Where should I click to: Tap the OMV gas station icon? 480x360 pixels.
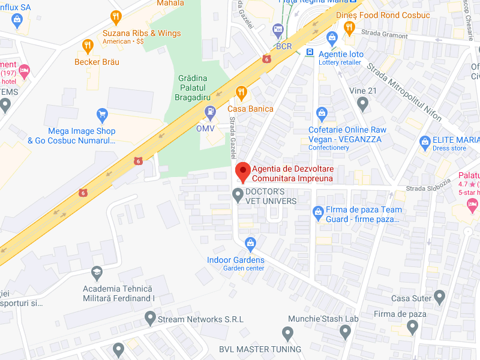pos(210,111)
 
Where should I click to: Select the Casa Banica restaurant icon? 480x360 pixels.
pos(241,92)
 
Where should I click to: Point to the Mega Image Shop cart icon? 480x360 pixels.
pos(102,114)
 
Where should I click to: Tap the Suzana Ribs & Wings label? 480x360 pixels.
pos(142,33)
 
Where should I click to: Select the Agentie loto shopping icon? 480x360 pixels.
pos(332,38)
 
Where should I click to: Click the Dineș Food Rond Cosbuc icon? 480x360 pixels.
pos(349,26)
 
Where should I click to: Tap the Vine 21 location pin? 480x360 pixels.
pos(362,104)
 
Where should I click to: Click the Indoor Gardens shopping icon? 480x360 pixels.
pos(250,244)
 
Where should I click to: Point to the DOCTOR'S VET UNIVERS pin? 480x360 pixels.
pos(238,194)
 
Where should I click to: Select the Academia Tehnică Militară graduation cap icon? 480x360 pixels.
pos(97,274)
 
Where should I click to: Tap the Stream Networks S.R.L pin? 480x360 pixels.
pos(150,317)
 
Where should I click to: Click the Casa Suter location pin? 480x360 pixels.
pos(440,296)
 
